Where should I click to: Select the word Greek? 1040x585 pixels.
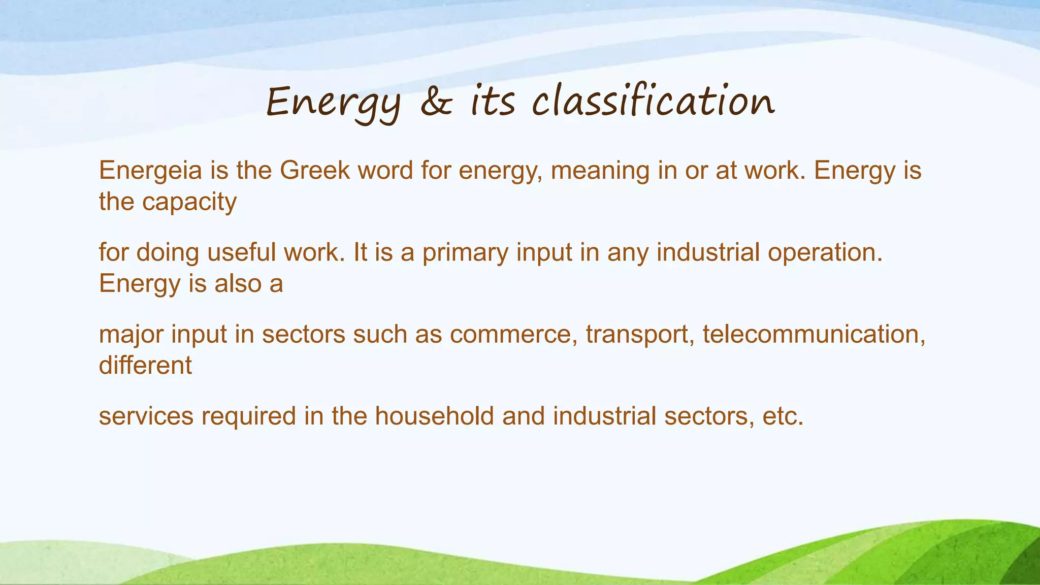coord(314,171)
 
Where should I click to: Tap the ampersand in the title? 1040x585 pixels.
coord(436,102)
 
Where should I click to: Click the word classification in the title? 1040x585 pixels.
coord(653,102)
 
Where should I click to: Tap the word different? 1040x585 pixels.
coord(145,365)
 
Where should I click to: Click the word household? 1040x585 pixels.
coord(434,416)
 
